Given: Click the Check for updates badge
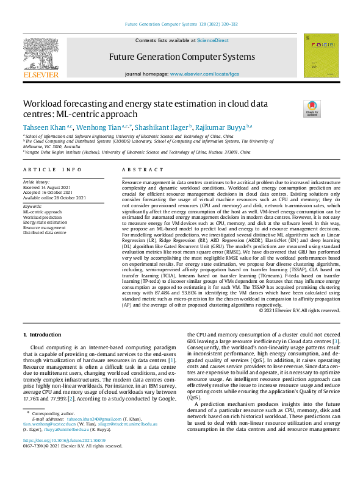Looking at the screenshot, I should coord(312,109).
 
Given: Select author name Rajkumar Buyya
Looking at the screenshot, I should coord(217,127).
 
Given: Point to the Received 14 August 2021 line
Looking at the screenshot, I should coord(48,187).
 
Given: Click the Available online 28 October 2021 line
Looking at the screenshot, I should coord(54,198).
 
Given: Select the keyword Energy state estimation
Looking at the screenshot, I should coord(45,222).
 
